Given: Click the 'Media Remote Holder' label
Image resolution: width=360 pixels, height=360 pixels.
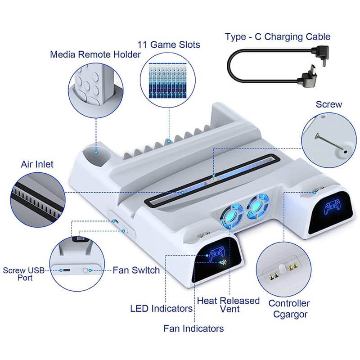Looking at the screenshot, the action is pos(95,54).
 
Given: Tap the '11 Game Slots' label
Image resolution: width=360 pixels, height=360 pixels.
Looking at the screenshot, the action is pos(169,45).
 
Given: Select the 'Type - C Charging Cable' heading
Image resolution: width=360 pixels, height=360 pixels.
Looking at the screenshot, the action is pos(278,37).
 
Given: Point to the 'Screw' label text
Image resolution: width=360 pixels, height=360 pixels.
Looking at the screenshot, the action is pos(329,104).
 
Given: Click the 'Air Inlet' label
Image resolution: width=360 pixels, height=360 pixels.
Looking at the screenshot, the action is pos(37,164).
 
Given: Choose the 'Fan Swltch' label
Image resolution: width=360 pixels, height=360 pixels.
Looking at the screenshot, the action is pos(136,270).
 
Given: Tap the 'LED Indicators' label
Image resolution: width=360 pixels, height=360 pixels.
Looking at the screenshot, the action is pos(162,309).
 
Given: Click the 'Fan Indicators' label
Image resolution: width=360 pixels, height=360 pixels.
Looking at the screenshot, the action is pos(193,328).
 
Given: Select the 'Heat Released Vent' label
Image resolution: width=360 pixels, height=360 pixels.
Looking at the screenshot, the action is pos(228,305).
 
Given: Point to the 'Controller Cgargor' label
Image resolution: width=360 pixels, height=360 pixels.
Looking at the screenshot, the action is pos(289,309).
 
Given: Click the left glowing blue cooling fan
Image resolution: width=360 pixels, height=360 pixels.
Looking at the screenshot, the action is pos(232,216).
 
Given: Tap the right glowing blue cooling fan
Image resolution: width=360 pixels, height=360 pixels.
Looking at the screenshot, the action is pos(257,206).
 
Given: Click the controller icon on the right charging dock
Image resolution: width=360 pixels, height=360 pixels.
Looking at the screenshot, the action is pos(332,207).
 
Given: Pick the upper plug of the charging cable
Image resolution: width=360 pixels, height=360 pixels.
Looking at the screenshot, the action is pos(320,55).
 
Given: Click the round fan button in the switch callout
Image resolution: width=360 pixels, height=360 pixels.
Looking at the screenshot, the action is pos(85,270).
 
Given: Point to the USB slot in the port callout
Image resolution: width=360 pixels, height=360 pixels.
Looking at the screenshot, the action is pos(67,270).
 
